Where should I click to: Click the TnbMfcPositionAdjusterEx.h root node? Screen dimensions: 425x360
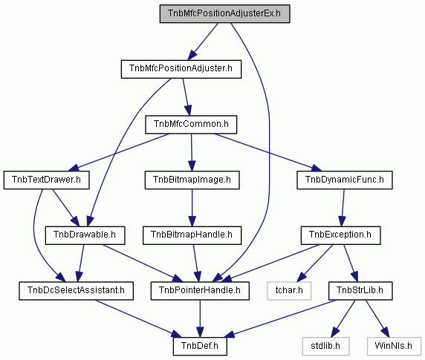coord(224,13)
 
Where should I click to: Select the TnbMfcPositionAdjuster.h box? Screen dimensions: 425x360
coord(181,69)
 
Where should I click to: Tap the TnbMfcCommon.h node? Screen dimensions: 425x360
coord(191,125)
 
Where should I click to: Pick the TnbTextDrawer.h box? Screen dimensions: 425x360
coord(46,180)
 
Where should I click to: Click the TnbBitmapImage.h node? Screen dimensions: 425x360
coord(192,180)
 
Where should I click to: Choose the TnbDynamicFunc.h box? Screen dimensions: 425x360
coord(345,180)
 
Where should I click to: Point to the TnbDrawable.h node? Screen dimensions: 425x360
coord(85,235)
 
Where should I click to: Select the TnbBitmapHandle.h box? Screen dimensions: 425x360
coord(192,235)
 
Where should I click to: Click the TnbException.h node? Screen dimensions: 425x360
coord(341,235)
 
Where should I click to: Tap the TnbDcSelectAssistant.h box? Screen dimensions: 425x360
coord(77,291)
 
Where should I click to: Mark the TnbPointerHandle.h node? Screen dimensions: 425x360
coord(200,291)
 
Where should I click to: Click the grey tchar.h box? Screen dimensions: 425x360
coord(289,291)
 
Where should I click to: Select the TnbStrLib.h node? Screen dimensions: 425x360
coord(360,291)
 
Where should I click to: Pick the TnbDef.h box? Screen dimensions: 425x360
coord(200,347)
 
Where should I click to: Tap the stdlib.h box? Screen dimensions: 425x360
coord(325,347)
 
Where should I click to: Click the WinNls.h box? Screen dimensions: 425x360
coord(394,347)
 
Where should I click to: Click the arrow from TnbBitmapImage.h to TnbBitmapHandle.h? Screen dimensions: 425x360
coord(192,208)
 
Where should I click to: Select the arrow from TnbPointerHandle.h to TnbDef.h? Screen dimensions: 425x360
coord(200,318)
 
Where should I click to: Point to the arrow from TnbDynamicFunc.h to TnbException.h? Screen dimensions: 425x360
coord(343,208)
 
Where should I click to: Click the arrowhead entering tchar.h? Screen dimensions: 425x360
coord(302,277)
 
